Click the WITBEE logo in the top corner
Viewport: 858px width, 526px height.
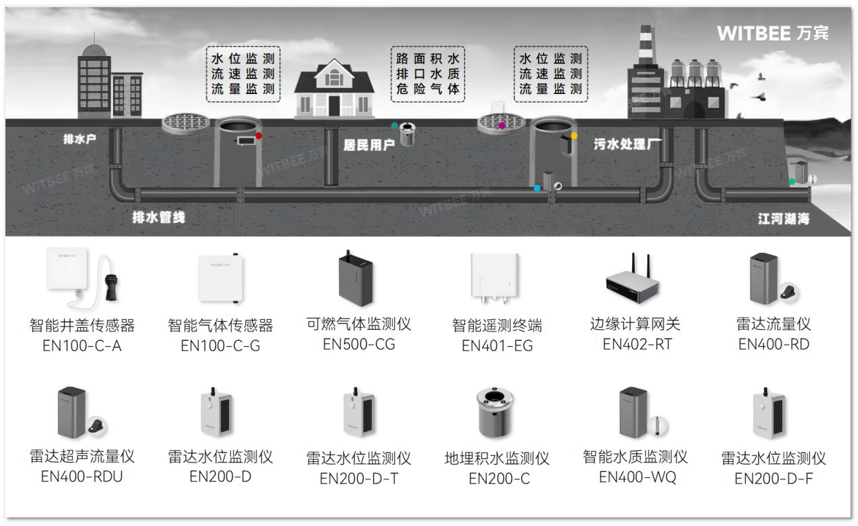[772, 32]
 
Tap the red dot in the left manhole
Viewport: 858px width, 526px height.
[258, 136]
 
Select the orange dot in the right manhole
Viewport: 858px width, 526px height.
[574, 136]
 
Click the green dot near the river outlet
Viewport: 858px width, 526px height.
[792, 181]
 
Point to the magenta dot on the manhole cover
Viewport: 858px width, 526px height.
[502, 126]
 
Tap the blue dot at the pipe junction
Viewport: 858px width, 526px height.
[538, 188]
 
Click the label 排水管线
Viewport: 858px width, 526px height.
[158, 217]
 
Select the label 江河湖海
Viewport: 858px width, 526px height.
[783, 219]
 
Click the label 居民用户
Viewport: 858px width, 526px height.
[368, 145]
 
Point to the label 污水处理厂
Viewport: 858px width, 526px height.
[627, 144]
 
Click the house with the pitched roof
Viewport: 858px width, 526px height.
[335, 88]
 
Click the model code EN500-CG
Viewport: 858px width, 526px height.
[358, 344]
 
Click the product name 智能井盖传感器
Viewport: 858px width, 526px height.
[82, 325]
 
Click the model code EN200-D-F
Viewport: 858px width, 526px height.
[773, 479]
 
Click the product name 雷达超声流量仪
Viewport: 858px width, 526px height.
[82, 456]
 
